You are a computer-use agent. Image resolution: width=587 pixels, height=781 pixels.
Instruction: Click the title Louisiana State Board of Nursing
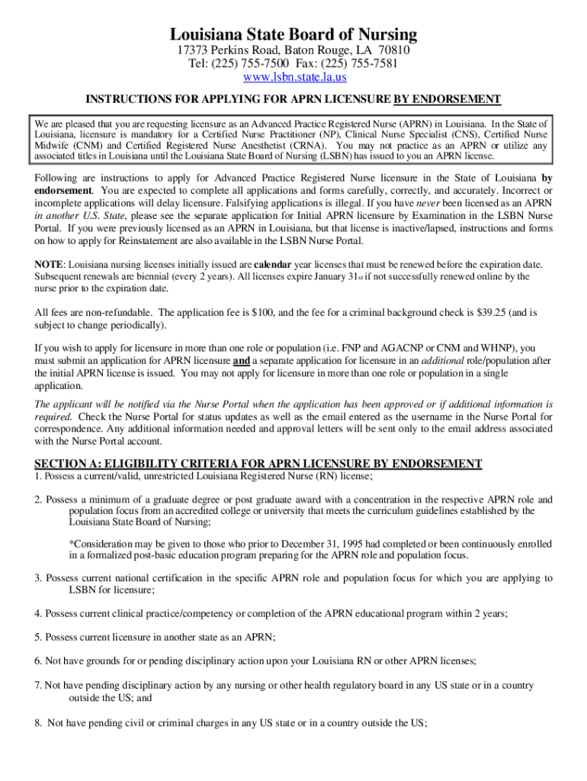293,34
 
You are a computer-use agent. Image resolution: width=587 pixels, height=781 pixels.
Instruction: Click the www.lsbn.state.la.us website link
293,77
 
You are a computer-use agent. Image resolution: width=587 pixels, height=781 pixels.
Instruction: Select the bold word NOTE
49,264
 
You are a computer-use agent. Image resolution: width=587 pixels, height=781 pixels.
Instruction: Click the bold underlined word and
241,361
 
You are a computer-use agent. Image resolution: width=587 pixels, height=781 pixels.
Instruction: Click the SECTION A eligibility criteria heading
258,463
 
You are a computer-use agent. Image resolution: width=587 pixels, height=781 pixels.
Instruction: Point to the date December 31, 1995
249,544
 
